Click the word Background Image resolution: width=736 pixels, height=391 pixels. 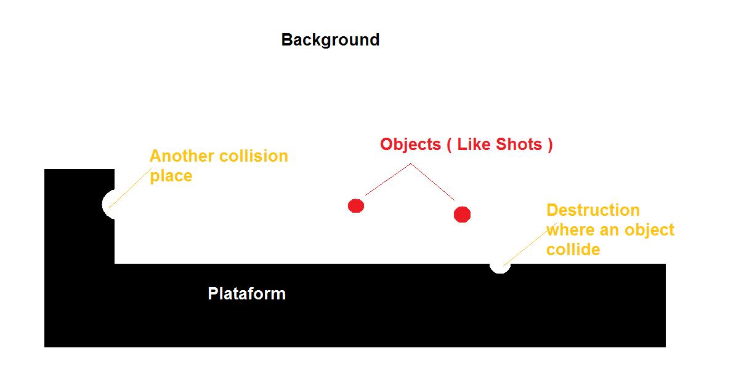pos(331,41)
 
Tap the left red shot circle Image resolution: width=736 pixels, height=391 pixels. pos(356,205)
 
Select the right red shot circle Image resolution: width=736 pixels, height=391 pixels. pos(463,215)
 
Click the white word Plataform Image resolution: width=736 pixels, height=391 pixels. pos(247,294)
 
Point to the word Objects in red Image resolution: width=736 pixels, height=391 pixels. pos(410,144)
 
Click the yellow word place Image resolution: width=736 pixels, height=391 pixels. pos(171,176)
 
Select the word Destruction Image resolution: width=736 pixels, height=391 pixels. pos(593,210)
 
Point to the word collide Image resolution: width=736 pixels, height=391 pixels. pos(573,249)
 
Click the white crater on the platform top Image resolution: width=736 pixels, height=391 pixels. pos(500,267)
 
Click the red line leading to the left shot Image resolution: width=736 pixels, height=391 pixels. pos(388,180)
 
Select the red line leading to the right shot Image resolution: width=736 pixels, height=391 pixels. pos(433,182)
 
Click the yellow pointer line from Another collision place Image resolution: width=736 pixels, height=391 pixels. pos(131,188)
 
